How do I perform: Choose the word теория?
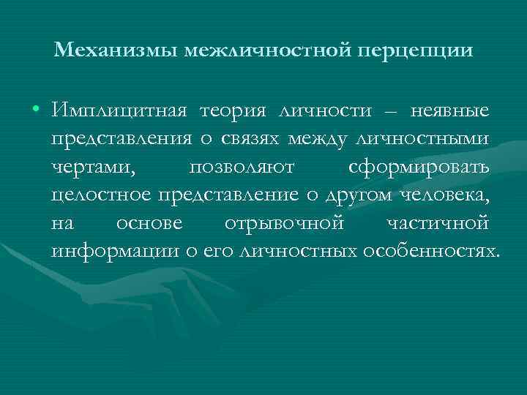pos(233,112)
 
